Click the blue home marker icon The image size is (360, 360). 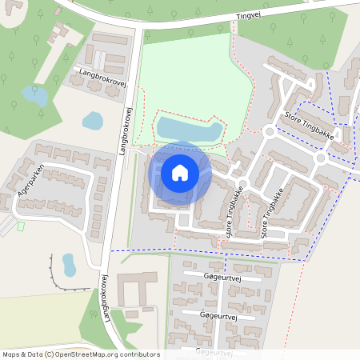click(180, 173)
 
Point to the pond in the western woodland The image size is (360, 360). click(34, 97)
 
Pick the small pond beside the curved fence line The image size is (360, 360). click(69, 263)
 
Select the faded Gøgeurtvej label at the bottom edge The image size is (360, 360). click(214, 352)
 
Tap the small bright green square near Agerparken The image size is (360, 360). click(21, 226)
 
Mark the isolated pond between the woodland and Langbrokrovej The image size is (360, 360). click(93, 121)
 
